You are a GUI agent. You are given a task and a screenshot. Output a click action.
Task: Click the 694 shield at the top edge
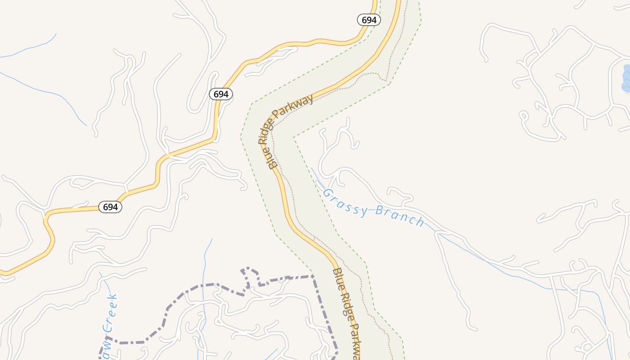point(369,20)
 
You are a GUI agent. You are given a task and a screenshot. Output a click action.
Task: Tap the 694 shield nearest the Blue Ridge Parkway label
point(221,94)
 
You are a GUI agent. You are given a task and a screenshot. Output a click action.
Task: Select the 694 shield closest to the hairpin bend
point(110,207)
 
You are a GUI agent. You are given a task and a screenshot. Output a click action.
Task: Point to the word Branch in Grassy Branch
point(400,216)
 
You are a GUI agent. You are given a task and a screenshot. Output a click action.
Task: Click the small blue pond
point(625,78)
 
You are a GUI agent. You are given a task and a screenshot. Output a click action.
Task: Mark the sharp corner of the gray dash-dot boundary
point(313,276)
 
